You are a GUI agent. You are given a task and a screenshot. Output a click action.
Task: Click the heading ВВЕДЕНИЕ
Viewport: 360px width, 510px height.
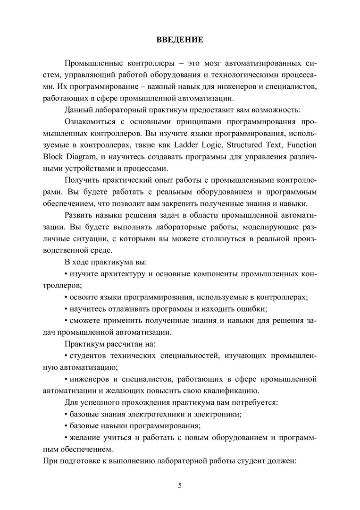coord(180,40)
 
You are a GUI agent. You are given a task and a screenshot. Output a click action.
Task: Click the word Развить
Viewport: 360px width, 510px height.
coord(78,215)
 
